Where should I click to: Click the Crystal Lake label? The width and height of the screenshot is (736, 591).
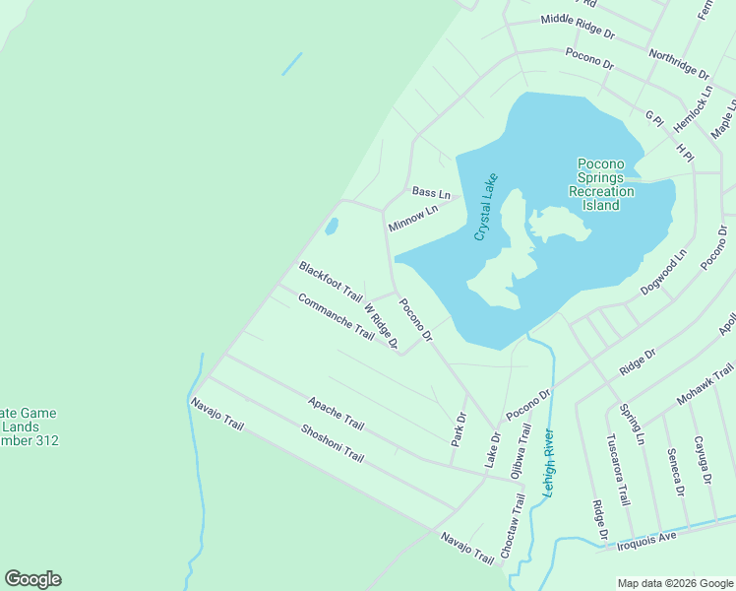(487, 207)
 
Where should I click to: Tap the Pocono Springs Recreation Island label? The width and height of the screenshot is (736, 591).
(601, 184)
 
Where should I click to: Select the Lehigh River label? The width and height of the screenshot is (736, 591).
(549, 462)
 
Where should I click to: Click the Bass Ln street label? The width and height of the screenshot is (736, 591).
(431, 192)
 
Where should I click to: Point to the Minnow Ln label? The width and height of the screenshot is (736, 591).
(412, 219)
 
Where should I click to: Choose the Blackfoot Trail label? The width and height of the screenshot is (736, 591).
(331, 282)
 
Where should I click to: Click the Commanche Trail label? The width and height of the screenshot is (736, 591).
(336, 316)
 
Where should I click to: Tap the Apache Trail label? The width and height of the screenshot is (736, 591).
(336, 414)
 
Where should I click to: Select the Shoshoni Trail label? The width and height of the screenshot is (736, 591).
(333, 444)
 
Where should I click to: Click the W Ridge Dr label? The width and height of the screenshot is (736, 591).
(380, 325)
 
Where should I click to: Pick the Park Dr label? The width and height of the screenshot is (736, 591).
(458, 429)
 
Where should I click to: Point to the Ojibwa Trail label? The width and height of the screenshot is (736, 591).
(520, 451)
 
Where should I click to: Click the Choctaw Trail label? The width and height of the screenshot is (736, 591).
(513, 527)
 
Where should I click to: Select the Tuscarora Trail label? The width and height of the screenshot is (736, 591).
(618, 469)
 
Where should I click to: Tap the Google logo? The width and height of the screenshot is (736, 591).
(32, 579)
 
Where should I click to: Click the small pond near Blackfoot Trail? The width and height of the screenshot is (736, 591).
(332, 227)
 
